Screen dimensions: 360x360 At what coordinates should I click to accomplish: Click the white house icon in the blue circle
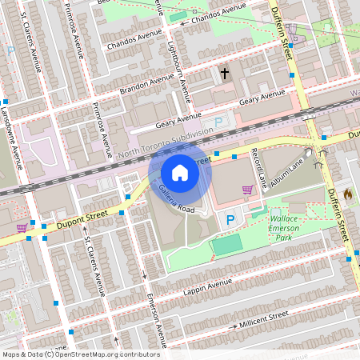[180, 173]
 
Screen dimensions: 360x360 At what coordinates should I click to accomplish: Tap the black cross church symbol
[225, 74]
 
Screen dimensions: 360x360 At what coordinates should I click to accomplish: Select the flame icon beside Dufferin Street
[347, 194]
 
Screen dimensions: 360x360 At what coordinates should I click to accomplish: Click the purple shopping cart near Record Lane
[248, 190]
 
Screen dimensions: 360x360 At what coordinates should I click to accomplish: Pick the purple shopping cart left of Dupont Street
[21, 228]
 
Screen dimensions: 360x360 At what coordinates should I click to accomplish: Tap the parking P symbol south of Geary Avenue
[218, 122]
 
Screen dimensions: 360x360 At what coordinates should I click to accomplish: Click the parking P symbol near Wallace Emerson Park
[231, 220]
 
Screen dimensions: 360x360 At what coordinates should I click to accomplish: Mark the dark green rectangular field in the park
[227, 245]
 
